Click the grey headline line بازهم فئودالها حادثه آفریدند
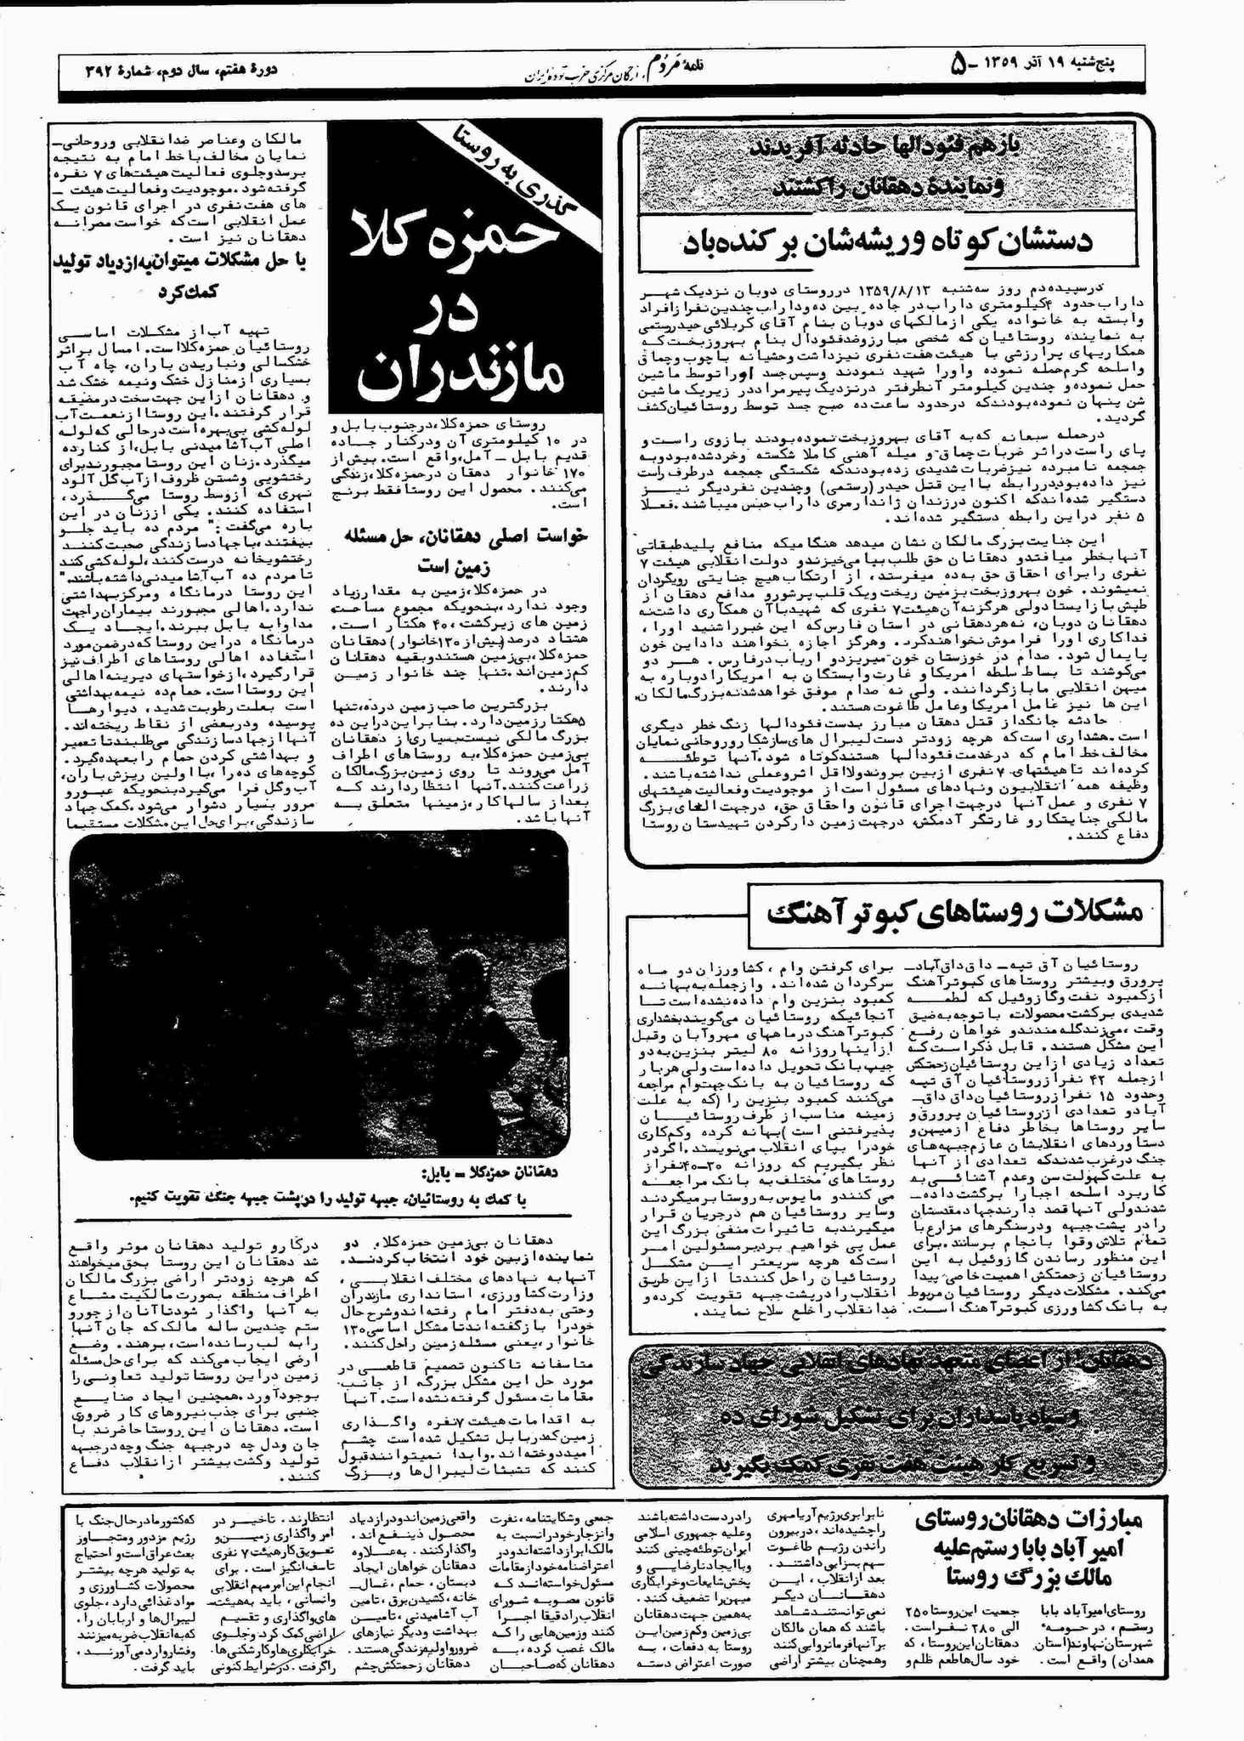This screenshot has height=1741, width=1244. [887, 146]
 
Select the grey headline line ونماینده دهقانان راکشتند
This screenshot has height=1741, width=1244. [889, 184]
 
